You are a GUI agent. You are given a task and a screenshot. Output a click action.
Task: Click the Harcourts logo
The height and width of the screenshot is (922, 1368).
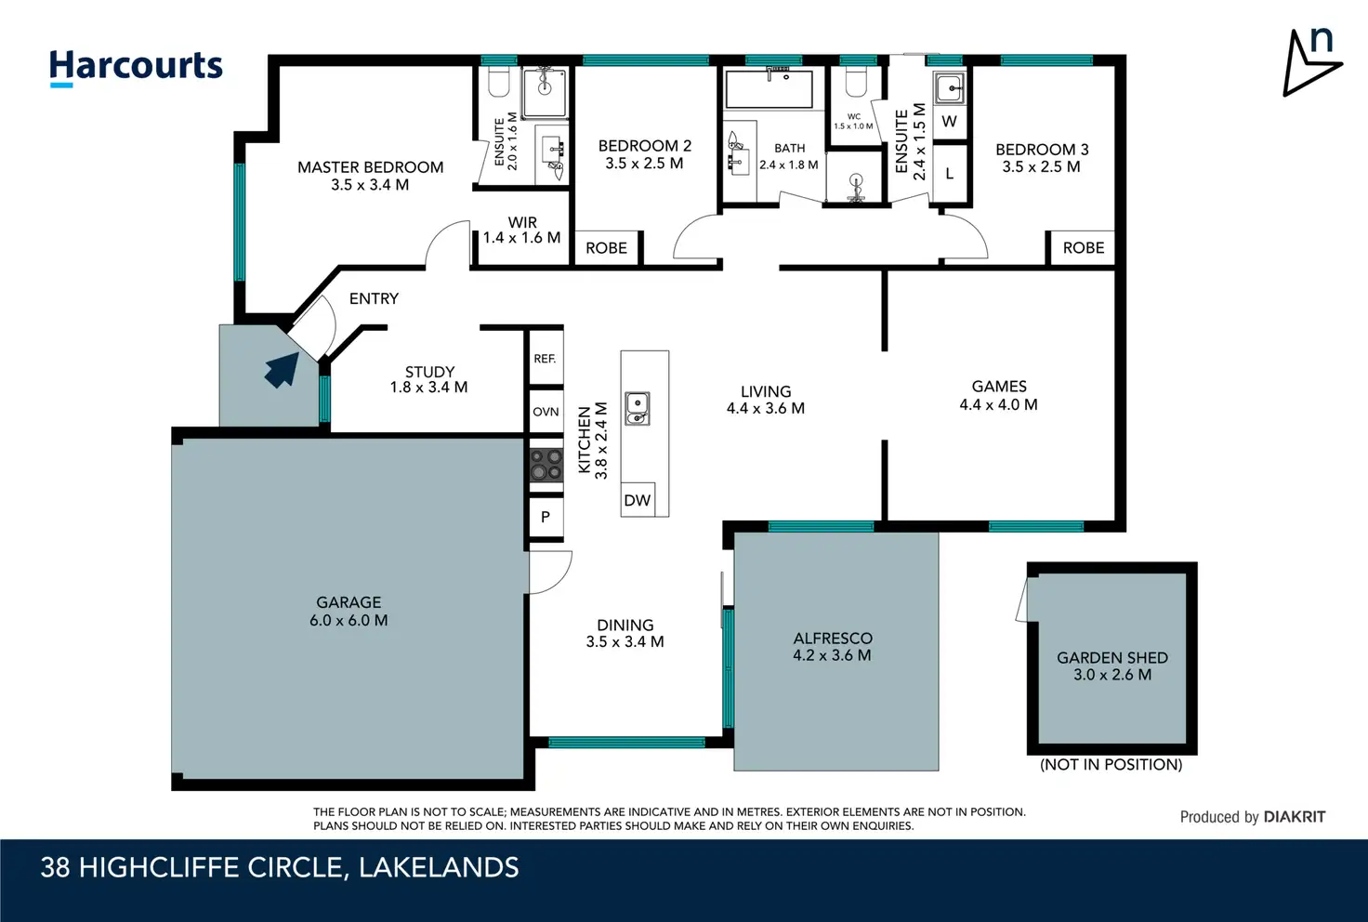[136, 68]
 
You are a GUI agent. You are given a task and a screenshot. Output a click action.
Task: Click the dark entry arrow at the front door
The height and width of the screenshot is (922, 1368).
[283, 371]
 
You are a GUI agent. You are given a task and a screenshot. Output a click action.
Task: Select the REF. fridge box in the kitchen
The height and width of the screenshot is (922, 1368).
[546, 359]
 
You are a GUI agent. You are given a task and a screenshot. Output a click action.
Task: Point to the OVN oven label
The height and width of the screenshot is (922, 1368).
[546, 412]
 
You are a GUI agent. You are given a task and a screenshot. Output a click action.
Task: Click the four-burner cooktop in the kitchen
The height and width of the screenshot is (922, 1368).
[546, 465]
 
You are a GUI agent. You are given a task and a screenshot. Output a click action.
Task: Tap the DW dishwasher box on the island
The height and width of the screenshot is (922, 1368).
[637, 500]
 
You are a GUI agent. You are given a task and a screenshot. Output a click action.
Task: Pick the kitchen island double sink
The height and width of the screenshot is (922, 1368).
[637, 409]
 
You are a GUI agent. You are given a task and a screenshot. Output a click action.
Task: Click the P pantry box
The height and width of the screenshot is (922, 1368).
[546, 517]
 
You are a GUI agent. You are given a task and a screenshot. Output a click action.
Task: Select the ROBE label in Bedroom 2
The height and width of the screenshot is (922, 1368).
[607, 248]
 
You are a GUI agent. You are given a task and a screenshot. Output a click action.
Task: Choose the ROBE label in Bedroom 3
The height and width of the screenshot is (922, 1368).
[1084, 247]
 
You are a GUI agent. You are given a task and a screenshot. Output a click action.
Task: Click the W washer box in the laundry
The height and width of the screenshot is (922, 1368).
[949, 121]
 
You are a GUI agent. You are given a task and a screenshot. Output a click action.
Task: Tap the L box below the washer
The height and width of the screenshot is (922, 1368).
[950, 174]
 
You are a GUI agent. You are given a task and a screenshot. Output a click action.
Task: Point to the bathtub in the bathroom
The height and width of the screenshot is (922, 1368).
[769, 89]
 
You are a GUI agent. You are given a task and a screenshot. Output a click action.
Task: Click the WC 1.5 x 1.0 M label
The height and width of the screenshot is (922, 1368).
[854, 122]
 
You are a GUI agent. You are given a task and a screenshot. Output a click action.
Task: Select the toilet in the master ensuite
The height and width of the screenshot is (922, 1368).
[500, 83]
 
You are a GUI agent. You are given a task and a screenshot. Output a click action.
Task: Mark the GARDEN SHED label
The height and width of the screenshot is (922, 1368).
[1112, 658]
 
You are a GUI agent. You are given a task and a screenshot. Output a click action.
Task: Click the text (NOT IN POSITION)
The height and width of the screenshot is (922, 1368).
[1111, 765]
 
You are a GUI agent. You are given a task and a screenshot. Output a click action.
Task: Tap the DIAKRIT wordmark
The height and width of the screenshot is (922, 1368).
[1295, 817]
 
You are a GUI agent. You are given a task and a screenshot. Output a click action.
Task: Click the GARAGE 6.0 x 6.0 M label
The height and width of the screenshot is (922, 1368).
[349, 612]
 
